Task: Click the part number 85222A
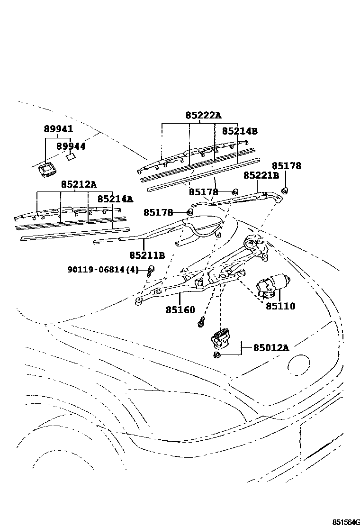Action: pyautogui.click(x=203, y=115)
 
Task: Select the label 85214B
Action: pyautogui.click(x=240, y=131)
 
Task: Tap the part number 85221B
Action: pyautogui.click(x=261, y=175)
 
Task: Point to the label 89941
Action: pyautogui.click(x=58, y=129)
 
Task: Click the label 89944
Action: pyautogui.click(x=71, y=146)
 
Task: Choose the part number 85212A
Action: pyautogui.click(x=78, y=184)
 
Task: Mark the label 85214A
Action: pyautogui.click(x=115, y=199)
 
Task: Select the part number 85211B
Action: pyautogui.click(x=147, y=255)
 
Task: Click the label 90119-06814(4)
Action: pyautogui.click(x=103, y=269)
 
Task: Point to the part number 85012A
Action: pyautogui.click(x=270, y=347)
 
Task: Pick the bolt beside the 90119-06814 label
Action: pyautogui.click(x=151, y=271)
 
